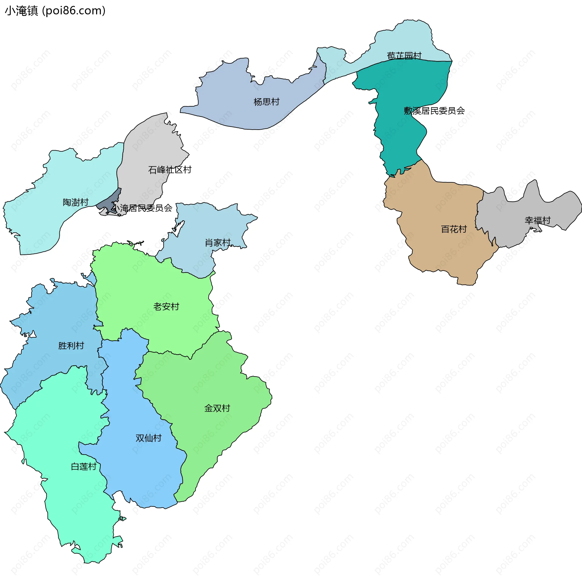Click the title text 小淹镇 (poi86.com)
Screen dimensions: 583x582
pyautogui.click(x=55, y=11)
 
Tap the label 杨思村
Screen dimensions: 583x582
pyautogui.click(x=266, y=102)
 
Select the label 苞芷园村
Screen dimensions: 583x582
pyautogui.click(x=404, y=56)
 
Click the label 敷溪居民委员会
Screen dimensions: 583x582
pyautogui.click(x=434, y=111)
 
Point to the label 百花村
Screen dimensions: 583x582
pyautogui.click(x=454, y=229)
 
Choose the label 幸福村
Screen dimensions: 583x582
pyautogui.click(x=537, y=220)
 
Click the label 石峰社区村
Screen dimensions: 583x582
pyautogui.click(x=170, y=170)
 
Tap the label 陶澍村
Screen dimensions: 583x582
pyautogui.click(x=75, y=202)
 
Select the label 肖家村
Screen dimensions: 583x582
pyautogui.click(x=218, y=243)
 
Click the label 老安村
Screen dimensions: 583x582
pyautogui.click(x=166, y=307)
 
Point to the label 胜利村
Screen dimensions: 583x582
pyautogui.click(x=71, y=346)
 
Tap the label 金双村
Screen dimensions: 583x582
pyautogui.click(x=217, y=408)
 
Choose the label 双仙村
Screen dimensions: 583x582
pyautogui.click(x=148, y=438)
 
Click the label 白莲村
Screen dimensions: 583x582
pyautogui.click(x=83, y=467)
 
